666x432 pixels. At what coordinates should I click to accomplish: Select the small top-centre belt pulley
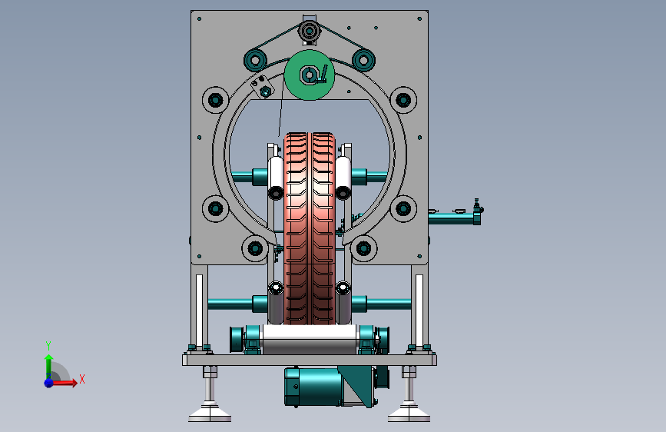(x=310, y=31)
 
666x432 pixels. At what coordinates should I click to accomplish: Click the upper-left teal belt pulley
(x=255, y=61)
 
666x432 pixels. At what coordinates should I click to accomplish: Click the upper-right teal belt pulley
(x=363, y=60)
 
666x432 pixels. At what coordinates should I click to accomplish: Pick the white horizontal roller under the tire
(x=310, y=339)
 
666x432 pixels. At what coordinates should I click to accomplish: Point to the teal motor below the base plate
(x=314, y=386)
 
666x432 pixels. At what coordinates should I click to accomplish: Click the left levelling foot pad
(x=210, y=414)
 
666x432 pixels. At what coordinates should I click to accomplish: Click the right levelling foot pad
(x=409, y=414)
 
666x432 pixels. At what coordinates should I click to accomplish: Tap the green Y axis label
(x=48, y=345)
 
